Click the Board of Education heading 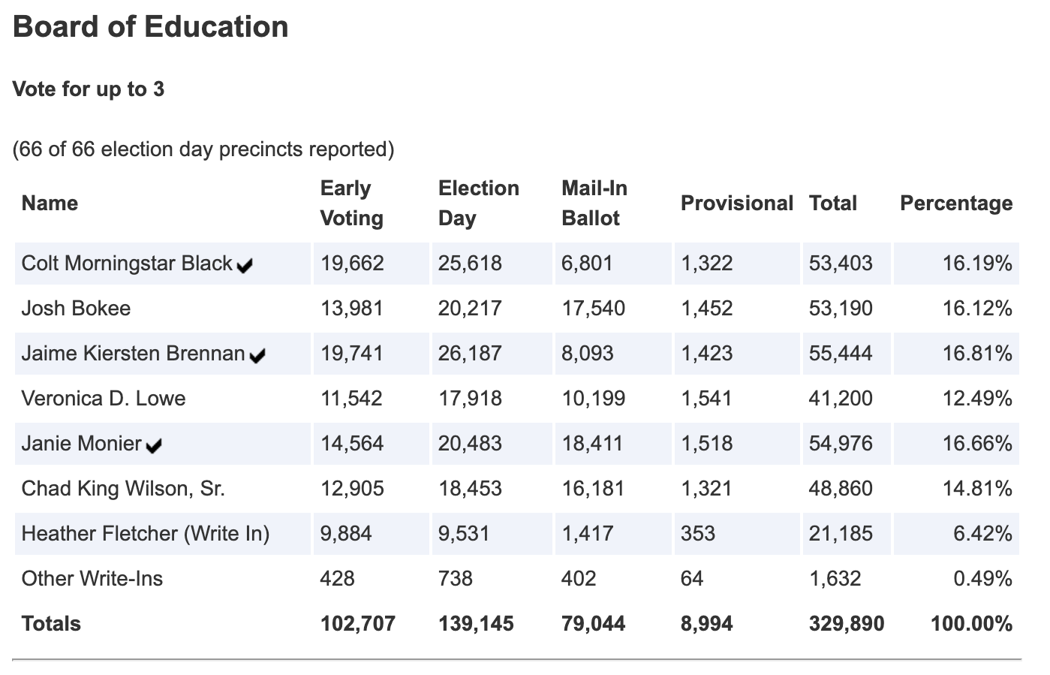tap(151, 27)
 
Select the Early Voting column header tap(351, 203)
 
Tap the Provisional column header tap(736, 203)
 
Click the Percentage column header tap(955, 203)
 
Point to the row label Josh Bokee tap(76, 309)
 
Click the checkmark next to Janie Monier tap(154, 446)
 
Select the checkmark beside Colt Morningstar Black tap(244, 266)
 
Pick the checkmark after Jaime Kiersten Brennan tap(257, 356)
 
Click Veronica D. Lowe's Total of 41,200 tap(841, 399)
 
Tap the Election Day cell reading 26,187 tap(470, 354)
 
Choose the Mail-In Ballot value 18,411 tap(592, 444)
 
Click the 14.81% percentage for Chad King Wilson tap(977, 489)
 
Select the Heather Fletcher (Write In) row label tap(146, 534)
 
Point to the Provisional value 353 tap(697, 534)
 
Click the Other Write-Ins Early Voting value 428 tap(337, 579)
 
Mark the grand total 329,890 tap(846, 624)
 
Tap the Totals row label tap(51, 624)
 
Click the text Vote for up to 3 tap(89, 89)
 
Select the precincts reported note tap(203, 149)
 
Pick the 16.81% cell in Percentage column tap(977, 354)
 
